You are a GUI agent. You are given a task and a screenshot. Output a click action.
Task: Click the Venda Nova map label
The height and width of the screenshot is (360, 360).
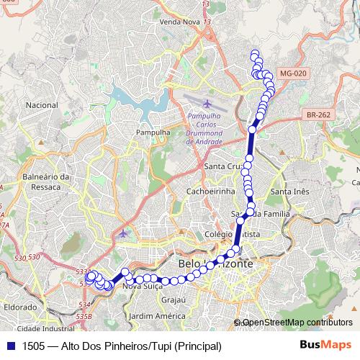coord(179,23)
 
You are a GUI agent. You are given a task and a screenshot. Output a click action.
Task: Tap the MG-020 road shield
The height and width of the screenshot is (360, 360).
coord(293,73)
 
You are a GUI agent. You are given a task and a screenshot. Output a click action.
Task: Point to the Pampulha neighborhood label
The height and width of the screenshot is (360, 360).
coord(152,132)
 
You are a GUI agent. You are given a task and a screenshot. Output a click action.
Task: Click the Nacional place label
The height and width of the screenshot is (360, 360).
coord(41,104)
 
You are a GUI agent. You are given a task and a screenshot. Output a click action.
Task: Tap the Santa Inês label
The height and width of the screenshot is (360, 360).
coord(289,192)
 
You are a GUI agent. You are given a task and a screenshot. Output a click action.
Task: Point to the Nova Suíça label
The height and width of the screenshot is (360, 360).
coord(142,286)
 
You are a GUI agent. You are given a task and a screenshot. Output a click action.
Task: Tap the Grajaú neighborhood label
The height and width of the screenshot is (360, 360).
coord(174,299)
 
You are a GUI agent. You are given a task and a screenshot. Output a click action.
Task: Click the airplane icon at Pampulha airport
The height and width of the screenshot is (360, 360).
coord(207,102)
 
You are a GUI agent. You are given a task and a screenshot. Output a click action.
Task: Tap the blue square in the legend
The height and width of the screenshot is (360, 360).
coord(10,346)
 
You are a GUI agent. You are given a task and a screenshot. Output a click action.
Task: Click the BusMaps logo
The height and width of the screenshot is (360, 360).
coord(325,345)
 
